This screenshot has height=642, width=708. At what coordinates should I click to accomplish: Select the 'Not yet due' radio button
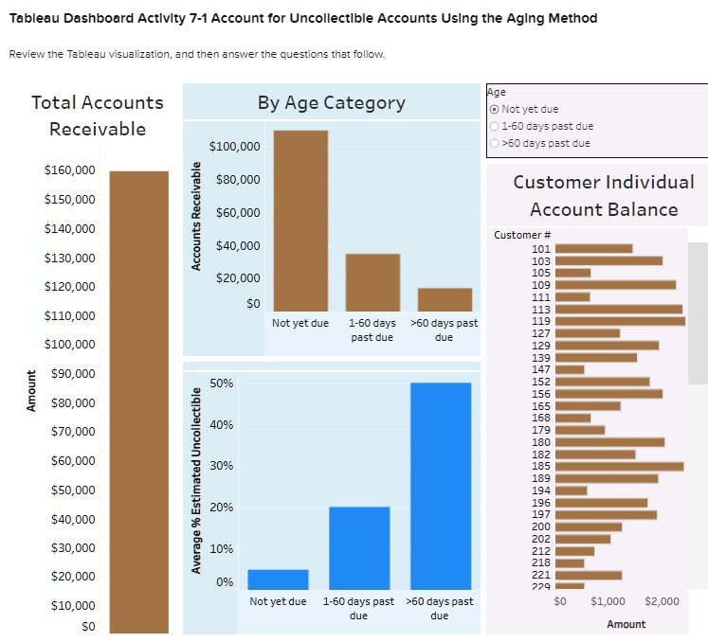point(494,110)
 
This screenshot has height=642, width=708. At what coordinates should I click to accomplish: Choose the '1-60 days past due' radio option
point(494,126)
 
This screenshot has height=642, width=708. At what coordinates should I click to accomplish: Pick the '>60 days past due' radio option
point(494,143)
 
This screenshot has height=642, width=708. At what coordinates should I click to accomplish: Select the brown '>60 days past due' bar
point(445,299)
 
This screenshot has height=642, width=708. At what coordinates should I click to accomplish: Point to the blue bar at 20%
point(359,547)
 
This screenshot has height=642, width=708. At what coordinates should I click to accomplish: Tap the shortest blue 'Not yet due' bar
point(278,579)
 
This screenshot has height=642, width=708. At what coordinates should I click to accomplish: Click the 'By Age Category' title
point(331,102)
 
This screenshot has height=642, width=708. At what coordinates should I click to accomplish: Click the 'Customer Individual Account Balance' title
point(603,195)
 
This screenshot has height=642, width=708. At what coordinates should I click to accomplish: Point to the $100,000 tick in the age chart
point(234,147)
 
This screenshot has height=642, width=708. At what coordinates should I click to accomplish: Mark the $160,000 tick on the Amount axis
point(69,170)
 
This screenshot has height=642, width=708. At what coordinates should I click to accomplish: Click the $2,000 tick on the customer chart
point(661,601)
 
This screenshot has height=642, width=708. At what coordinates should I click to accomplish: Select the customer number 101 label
point(541,248)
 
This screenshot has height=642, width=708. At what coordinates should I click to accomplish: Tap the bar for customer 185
point(619,466)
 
